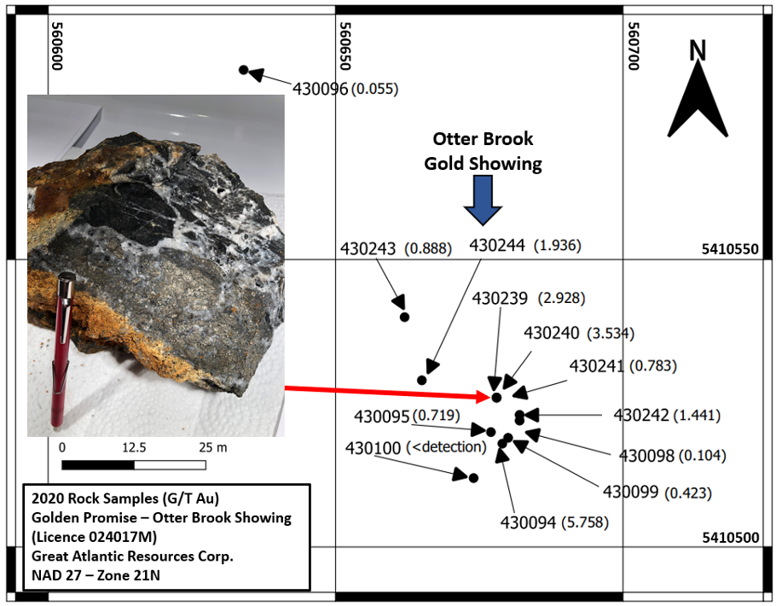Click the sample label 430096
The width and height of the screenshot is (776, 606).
point(320,88)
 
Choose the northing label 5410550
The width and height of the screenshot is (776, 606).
point(729,250)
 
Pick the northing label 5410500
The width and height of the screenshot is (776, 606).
point(729,538)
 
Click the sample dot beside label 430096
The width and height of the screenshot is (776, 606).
point(243,69)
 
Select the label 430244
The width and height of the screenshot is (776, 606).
point(498,246)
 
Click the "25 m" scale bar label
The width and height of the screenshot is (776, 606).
point(207,446)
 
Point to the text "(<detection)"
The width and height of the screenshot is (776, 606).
point(446,446)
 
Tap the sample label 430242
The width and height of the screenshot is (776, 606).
point(641,416)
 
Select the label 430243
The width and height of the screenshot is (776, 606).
point(368,248)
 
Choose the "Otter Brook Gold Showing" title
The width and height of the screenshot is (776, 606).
point(483,150)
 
